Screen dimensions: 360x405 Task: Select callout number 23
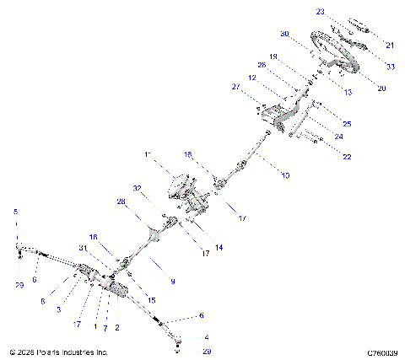(321, 12)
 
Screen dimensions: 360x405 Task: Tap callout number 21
(390, 45)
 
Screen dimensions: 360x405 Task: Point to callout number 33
(390, 66)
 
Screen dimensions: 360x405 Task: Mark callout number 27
(235, 87)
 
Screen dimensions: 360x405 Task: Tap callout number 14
(219, 247)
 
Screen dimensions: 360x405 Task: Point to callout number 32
(136, 188)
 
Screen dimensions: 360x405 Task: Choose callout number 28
(121, 202)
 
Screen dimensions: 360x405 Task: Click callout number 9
(173, 281)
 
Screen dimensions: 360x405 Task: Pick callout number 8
(41, 300)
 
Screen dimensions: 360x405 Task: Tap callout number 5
(14, 211)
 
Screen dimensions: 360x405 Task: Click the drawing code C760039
(382, 352)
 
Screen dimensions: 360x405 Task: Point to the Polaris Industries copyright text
(58, 352)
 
